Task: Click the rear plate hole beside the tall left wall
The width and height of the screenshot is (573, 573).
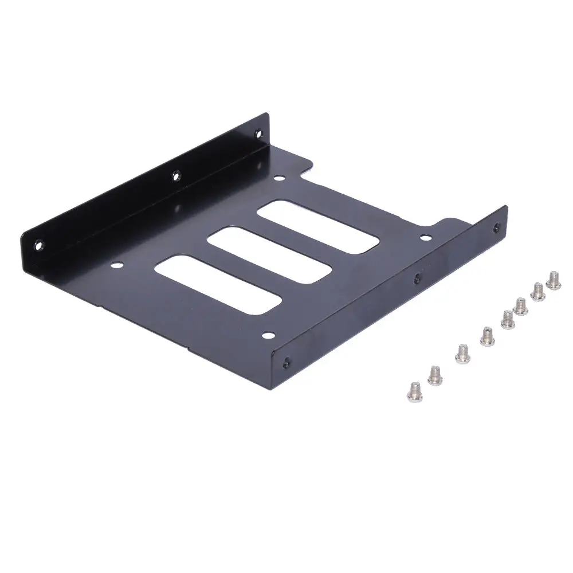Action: [278, 179]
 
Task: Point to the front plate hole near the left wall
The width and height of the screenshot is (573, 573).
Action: [116, 265]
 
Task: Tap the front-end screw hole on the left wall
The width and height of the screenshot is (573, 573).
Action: [39, 245]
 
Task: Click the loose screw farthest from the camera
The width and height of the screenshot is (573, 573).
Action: [554, 280]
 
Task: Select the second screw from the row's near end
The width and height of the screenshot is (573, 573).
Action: [435, 376]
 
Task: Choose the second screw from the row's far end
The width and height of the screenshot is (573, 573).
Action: [538, 291]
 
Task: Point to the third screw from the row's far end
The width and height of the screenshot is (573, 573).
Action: [521, 305]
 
